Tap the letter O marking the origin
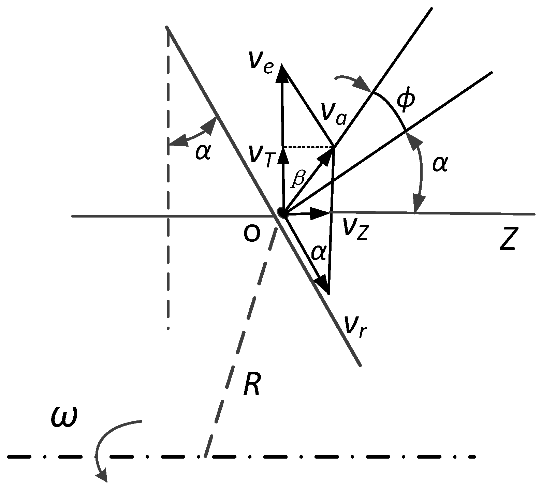[252, 235]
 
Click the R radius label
[252, 385]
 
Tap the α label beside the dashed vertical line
[203, 151]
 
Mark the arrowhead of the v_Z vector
[321, 213]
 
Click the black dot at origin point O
[282, 213]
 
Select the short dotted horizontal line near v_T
[308, 147]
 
